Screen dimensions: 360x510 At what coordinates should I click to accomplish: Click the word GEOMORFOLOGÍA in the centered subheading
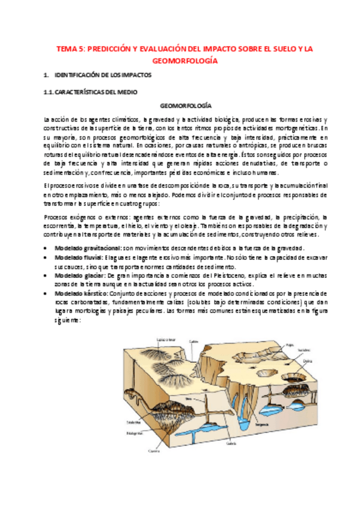click(180, 105)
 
